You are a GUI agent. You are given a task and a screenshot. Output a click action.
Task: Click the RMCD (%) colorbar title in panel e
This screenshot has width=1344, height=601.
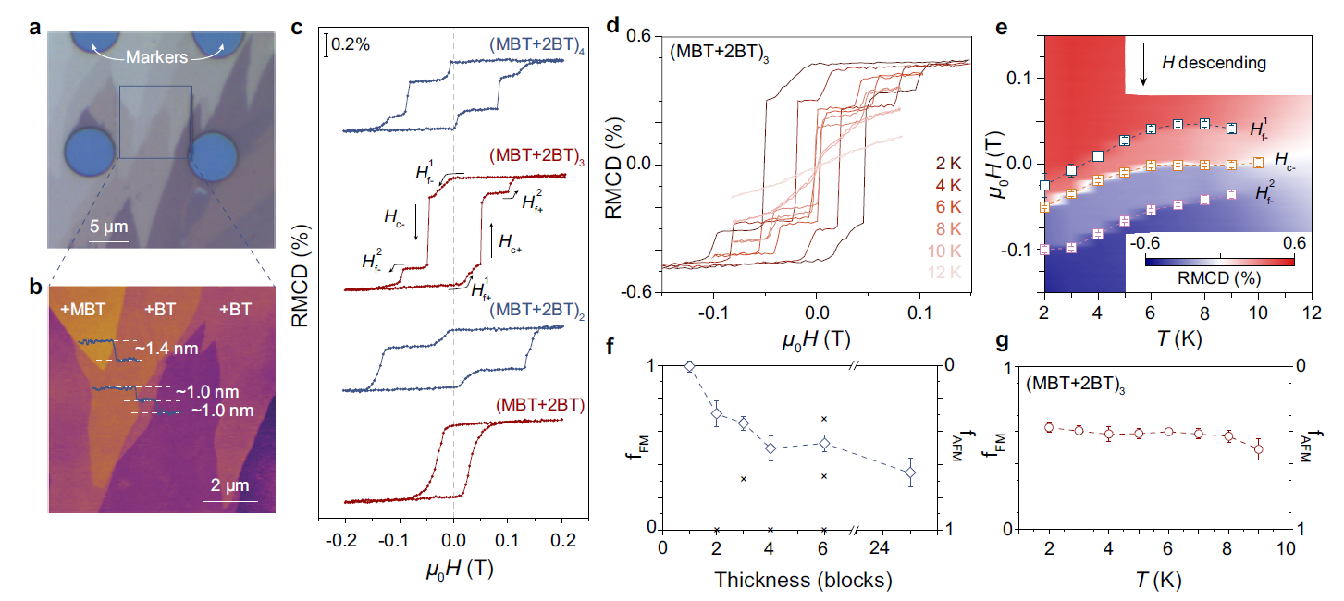click(1219, 277)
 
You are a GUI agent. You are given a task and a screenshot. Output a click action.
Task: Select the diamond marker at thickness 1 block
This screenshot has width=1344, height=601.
click(688, 366)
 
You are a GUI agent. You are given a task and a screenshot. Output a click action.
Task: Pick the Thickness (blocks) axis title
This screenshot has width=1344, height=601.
click(803, 581)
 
